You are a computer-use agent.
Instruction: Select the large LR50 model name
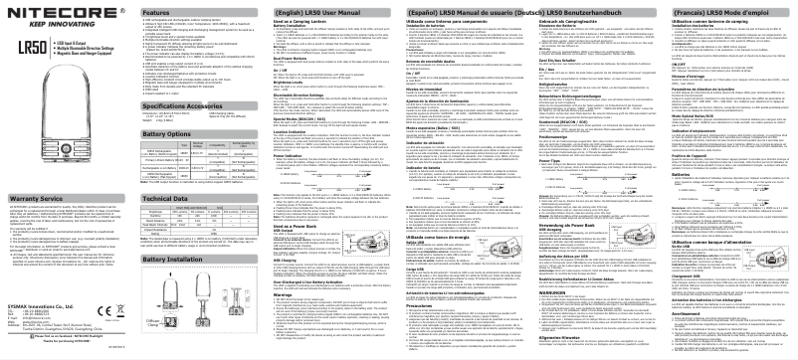tap(31, 46)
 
